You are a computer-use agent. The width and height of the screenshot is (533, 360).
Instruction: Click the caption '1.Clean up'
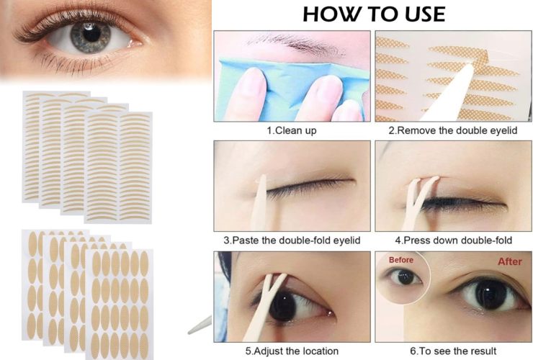[x=292, y=130]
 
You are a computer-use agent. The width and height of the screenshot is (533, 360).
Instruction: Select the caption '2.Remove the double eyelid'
[x=453, y=130]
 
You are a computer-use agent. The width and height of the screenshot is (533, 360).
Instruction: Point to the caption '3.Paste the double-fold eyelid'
[x=292, y=240]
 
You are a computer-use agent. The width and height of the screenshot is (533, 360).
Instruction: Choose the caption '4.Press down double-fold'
[x=453, y=240]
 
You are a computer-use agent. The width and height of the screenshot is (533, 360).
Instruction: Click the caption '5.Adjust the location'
[x=292, y=351]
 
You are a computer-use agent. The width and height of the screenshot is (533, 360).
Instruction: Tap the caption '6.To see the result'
[x=453, y=351]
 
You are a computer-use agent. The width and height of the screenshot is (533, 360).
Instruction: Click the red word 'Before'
[x=401, y=260]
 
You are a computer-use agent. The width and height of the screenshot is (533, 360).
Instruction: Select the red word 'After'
[x=510, y=261]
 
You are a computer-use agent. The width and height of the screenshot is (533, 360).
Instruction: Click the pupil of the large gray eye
[x=91, y=33]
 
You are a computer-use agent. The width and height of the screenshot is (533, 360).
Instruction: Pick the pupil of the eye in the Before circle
[x=406, y=277]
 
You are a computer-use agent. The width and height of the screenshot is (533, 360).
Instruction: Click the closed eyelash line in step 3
[x=309, y=189]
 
